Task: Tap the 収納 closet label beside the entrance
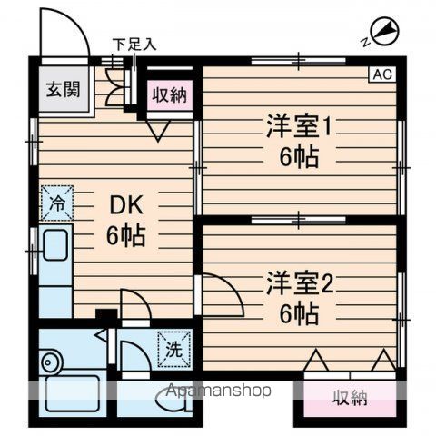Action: [x=170, y=94]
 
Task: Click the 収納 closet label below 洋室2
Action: [x=350, y=396]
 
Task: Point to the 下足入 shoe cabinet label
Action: [x=134, y=43]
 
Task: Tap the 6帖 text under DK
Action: [x=126, y=237]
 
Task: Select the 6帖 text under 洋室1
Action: [x=299, y=156]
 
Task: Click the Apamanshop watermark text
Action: [x=216, y=391]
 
